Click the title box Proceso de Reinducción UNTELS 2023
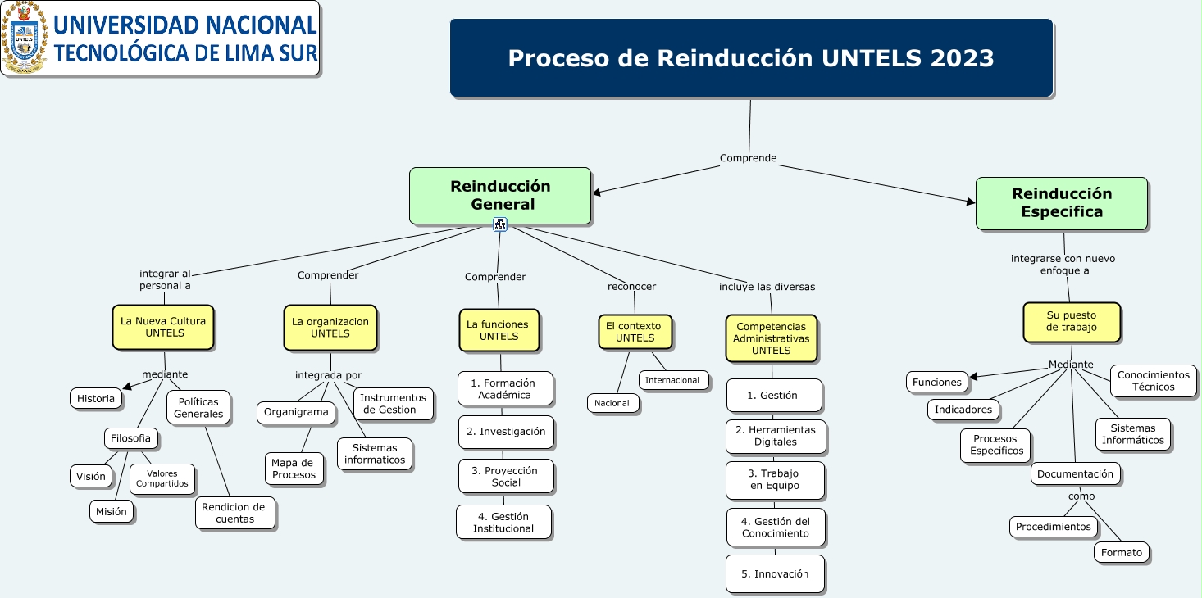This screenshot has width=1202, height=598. (751, 58)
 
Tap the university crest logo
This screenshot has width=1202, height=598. (25, 38)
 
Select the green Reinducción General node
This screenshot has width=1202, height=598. (500, 196)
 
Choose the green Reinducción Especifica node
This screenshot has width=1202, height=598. (1061, 203)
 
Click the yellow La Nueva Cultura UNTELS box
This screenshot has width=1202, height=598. (164, 328)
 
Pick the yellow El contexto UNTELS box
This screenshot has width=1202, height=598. (635, 332)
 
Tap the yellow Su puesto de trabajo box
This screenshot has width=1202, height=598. (1072, 322)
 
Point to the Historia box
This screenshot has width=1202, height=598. (96, 399)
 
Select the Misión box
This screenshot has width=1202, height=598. (112, 511)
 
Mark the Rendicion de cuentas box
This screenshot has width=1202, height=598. (235, 513)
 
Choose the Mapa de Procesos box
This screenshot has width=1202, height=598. (294, 469)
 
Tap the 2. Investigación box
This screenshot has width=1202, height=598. (506, 432)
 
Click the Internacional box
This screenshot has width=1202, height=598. (673, 380)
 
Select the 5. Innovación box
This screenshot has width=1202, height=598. (775, 574)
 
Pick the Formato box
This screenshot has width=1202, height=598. (1122, 553)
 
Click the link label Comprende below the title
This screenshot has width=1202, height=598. (748, 158)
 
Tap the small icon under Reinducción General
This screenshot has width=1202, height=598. (500, 224)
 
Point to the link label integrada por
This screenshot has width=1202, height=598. (328, 375)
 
